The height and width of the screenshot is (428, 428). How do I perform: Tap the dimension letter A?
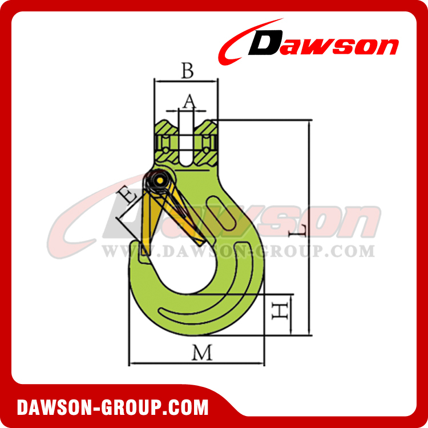(189, 102)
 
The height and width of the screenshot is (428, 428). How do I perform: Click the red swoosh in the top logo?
(240, 40)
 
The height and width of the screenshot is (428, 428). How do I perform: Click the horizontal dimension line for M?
(197, 363)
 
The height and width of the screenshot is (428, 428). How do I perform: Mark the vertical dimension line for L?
(310, 228)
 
